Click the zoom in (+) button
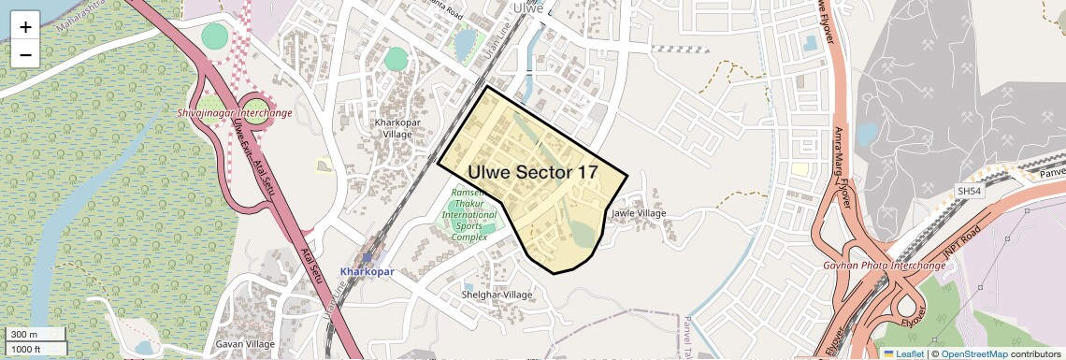[x=25, y=26]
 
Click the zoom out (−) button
[x=25, y=54]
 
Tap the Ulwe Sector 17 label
[x=532, y=173]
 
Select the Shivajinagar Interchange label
[x=235, y=113]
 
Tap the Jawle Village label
[x=639, y=213]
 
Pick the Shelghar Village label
[x=497, y=295]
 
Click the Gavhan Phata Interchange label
[x=885, y=266]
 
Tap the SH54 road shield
[x=969, y=191]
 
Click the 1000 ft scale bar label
[x=26, y=349]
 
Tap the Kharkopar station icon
[x=367, y=256]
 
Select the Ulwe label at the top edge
[x=529, y=7]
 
